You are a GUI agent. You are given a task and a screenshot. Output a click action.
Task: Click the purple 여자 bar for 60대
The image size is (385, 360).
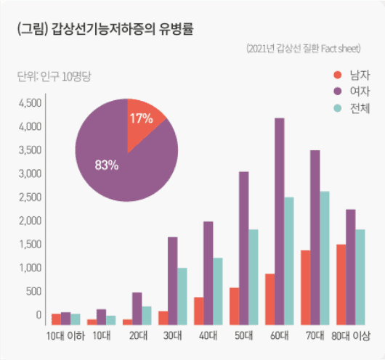pos(279,221)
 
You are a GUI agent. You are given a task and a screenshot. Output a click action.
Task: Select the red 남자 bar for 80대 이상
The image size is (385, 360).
pos(341,285)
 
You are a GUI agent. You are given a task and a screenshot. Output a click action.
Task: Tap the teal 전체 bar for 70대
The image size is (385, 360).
pos(325,258)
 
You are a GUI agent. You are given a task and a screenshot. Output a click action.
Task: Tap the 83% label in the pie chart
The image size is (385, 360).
pos(106,165)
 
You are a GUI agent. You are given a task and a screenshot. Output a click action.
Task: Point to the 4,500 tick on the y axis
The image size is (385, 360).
pos(30,103)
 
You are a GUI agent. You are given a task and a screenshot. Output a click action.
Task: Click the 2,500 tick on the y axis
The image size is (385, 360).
pos(30,197)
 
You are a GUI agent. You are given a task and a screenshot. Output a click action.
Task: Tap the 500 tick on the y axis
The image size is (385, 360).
pos(33,291)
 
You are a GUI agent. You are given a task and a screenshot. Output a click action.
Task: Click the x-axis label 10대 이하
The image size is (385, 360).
pos(65,336)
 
